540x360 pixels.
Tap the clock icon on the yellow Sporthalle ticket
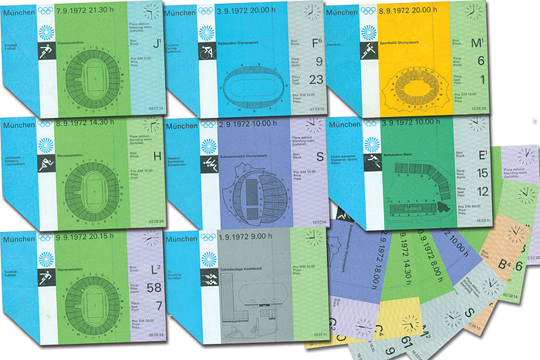[473, 12]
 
